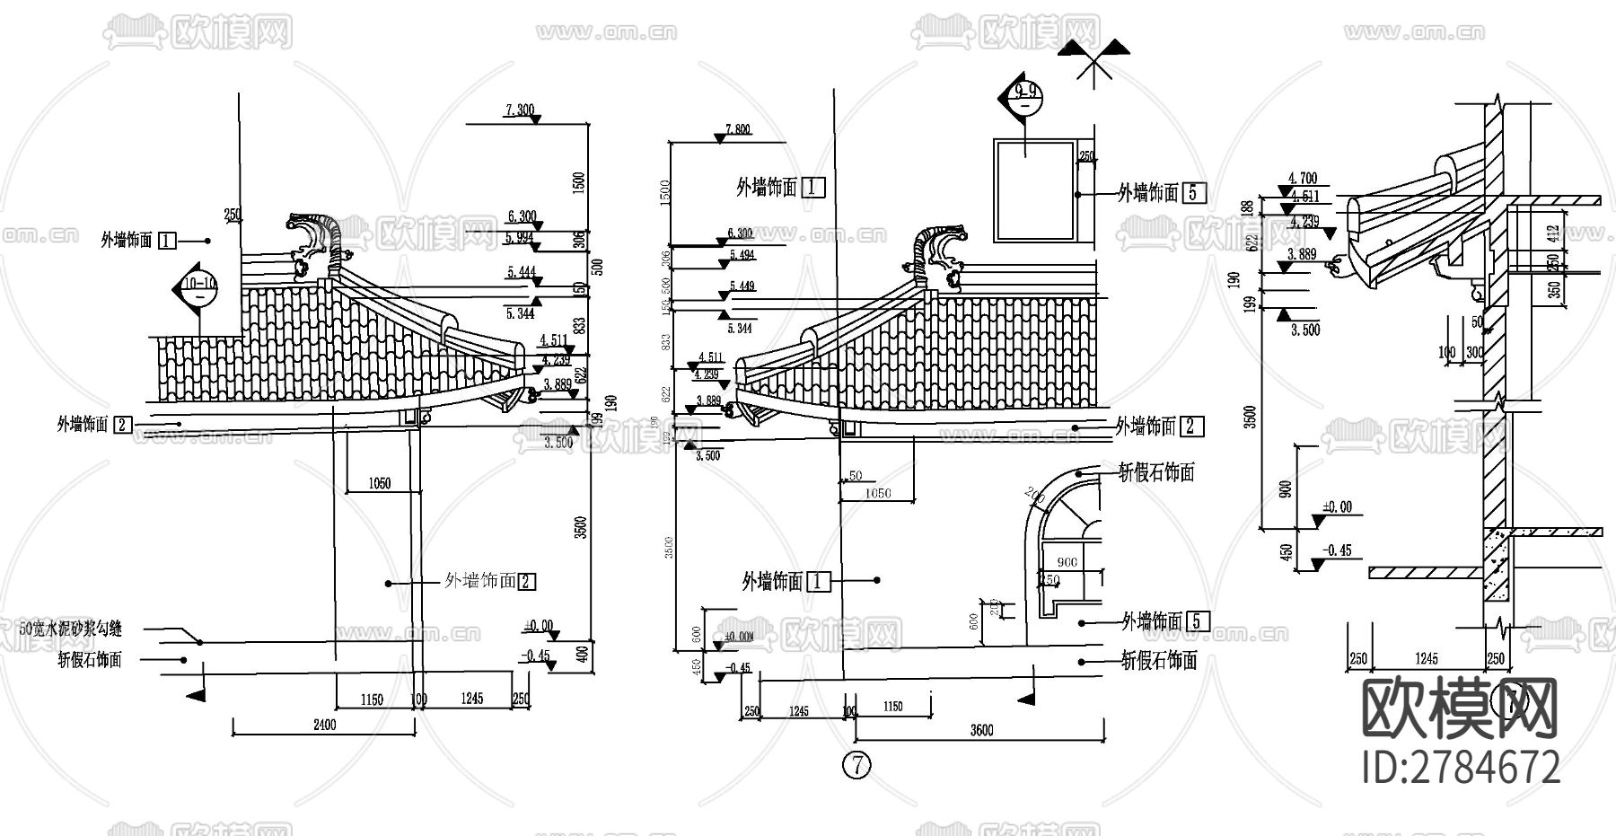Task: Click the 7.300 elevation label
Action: point(520,110)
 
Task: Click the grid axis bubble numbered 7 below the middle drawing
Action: point(857,765)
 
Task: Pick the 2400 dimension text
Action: point(324,725)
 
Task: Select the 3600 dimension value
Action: point(982,731)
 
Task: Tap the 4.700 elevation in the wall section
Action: point(1302,179)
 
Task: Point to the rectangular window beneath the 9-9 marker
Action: point(1033,190)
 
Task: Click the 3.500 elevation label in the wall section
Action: point(1304,330)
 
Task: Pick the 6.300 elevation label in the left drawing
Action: point(522,217)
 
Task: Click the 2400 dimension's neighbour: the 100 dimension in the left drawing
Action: point(418,700)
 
